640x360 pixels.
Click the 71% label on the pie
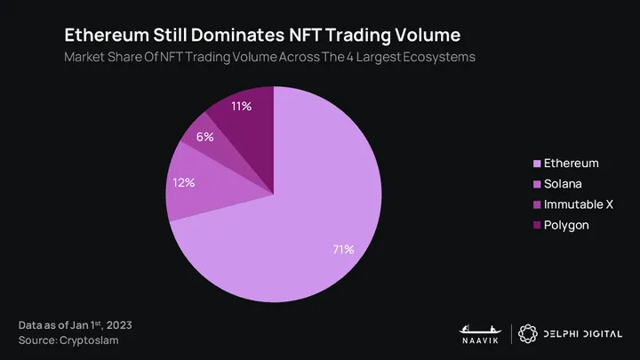coord(343,250)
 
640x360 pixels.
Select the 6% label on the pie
coord(205,138)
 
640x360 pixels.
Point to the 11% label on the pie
coord(241,107)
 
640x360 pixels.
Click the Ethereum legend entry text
coord(571,164)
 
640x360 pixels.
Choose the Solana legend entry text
coord(564,184)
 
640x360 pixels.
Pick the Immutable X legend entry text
coord(578,204)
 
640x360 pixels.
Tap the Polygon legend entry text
coord(566,225)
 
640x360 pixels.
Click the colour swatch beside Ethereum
coord(536,164)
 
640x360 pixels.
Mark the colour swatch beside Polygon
coord(536,226)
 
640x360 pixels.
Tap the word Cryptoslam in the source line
coord(89,340)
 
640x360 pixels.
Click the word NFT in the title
coord(309,36)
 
